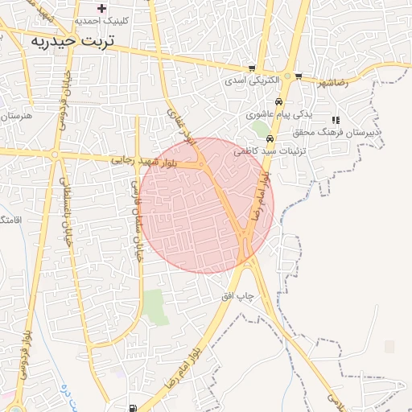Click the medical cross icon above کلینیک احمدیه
(101, 8)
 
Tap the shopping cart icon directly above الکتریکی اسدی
(252, 68)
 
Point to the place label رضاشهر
(331, 83)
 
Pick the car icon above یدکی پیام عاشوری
(278, 102)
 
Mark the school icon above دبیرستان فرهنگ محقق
(336, 120)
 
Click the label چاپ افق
(238, 296)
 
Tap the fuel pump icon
(132, 407)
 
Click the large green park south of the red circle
(154, 307)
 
